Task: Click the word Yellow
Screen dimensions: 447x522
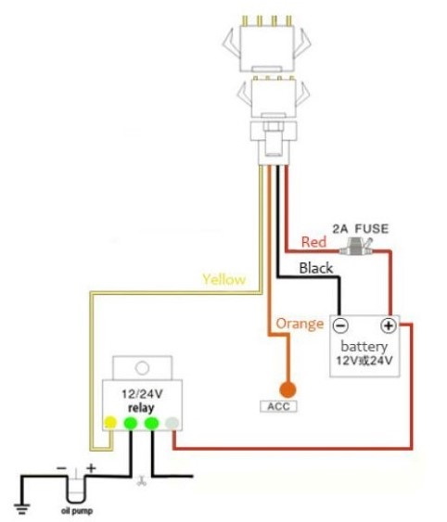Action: [x=224, y=279]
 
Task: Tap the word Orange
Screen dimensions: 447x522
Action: [x=300, y=324]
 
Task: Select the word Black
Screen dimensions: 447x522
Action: [x=315, y=268]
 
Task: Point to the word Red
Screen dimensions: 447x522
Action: [x=313, y=242]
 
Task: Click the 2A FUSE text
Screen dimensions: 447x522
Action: [x=361, y=229]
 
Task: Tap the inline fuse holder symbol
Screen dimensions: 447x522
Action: [x=356, y=247]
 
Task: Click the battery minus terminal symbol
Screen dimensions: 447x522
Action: [x=340, y=325]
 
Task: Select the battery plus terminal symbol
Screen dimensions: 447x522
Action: [x=389, y=325]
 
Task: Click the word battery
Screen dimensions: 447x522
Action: [x=364, y=346]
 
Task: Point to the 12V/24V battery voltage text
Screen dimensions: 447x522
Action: [x=364, y=361]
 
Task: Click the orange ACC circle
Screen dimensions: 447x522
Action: [x=287, y=389]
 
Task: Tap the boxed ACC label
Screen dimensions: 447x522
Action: [x=278, y=406]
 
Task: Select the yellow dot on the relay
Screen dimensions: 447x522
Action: [x=110, y=423]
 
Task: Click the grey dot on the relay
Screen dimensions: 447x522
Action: [x=172, y=423]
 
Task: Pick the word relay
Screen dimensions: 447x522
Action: [x=141, y=407]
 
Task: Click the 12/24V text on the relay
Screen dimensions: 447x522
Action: [x=142, y=394]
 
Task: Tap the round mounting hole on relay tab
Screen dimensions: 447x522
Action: [x=142, y=368]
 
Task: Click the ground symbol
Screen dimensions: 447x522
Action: [x=21, y=509]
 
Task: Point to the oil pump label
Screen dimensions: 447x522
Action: [x=77, y=511]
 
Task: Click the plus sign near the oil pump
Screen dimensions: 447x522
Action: [x=91, y=468]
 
